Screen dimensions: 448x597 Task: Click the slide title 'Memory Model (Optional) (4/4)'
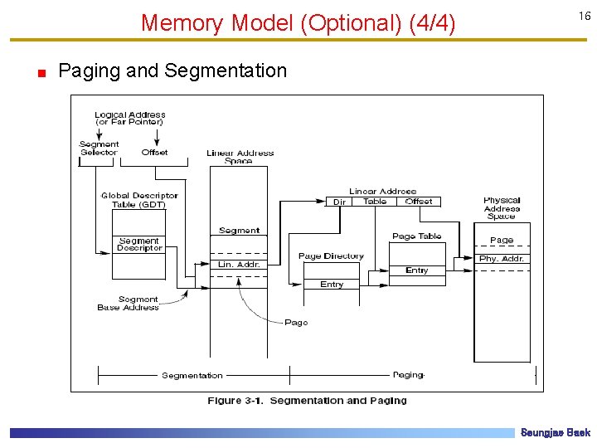coord(298,22)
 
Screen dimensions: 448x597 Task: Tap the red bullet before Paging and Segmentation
coord(40,73)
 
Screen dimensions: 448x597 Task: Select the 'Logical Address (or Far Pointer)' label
coord(129,119)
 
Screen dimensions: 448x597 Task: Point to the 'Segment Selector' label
coord(99,149)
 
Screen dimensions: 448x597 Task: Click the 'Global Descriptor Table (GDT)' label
coord(139,200)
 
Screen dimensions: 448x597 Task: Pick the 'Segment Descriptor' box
coord(139,245)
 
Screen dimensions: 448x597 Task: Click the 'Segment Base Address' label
coord(127,304)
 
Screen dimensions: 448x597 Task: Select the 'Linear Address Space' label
coord(240,156)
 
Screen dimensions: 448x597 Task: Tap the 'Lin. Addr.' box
coord(239,265)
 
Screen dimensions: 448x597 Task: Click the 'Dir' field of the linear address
coord(339,202)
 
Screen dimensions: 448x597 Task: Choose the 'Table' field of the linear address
coord(375,202)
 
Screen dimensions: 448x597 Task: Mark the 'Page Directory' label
coord(331,256)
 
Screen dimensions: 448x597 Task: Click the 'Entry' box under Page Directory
coord(332,285)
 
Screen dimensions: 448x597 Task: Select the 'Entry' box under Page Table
coord(417,270)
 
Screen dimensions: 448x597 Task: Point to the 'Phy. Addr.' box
coord(502,259)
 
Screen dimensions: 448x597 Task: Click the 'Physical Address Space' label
coord(502,208)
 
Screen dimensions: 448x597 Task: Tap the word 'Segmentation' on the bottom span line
coord(192,376)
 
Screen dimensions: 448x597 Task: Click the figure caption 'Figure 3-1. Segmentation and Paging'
coord(307,401)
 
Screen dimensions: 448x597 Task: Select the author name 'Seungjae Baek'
coord(555,433)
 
